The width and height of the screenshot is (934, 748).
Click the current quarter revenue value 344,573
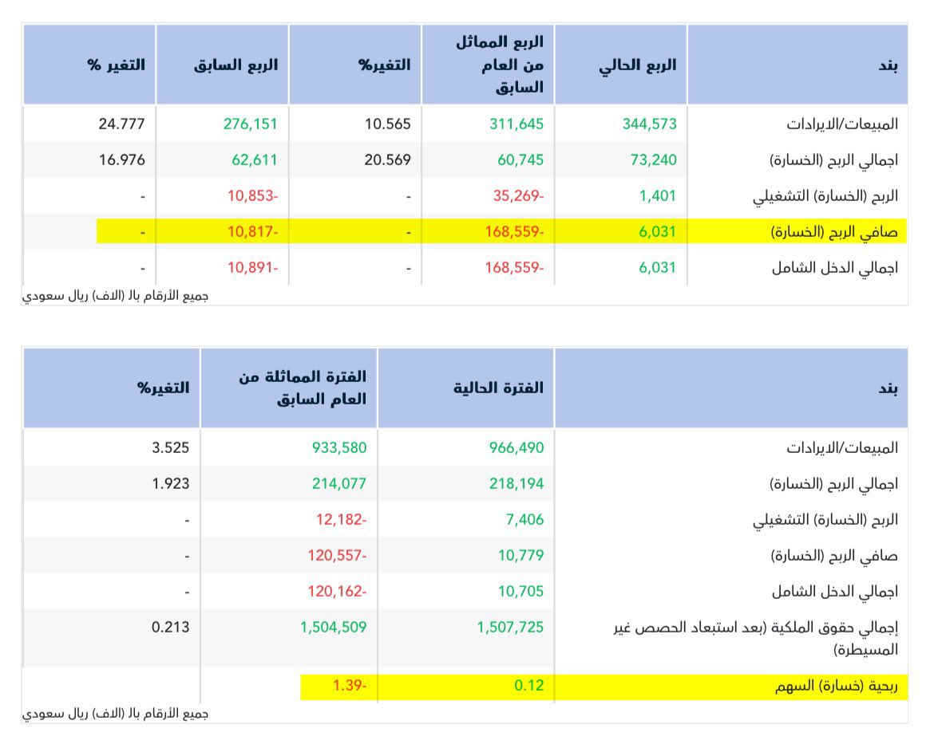coord(649,124)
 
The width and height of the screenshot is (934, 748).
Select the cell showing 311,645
coord(516,124)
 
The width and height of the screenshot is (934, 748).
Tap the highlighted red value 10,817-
coord(252,231)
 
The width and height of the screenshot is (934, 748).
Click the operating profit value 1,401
coord(657,195)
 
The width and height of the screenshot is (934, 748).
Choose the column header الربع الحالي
coord(637,65)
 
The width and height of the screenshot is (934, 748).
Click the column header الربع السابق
coord(235,65)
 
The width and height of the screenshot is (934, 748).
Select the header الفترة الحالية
coord(498,388)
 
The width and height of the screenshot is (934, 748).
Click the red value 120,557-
coord(337,555)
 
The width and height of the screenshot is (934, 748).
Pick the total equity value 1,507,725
coord(510,627)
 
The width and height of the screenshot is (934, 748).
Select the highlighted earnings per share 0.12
coord(529,686)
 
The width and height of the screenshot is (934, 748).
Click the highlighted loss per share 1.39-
coord(350,686)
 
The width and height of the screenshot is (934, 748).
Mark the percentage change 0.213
coord(171,627)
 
